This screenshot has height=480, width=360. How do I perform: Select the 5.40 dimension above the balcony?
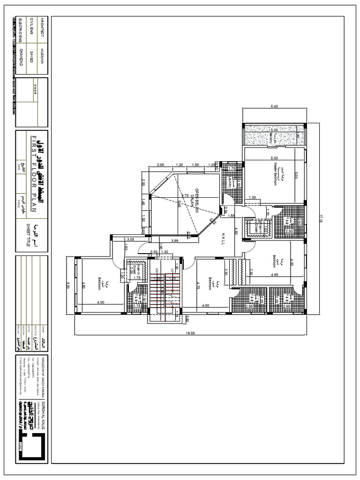coord(274,106)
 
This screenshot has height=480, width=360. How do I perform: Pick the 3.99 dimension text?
coord(175,240)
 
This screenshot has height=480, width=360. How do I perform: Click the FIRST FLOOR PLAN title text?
coord(33,178)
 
